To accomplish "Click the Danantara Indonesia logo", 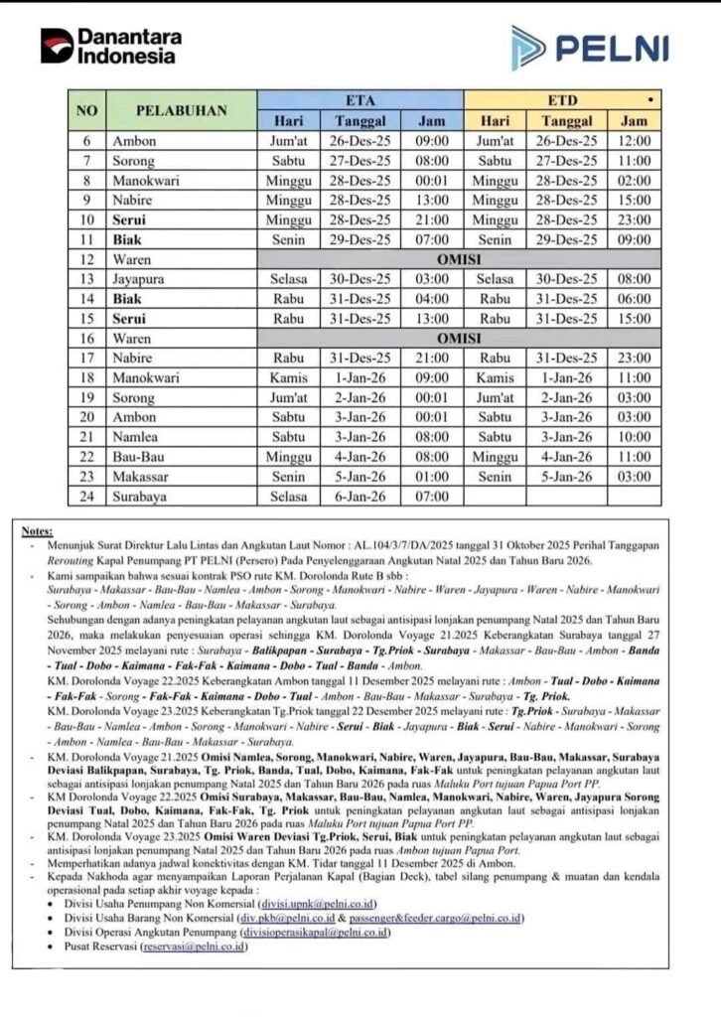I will [x=110, y=46].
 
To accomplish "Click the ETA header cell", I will [x=360, y=100].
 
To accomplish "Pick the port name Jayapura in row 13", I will [x=142, y=279].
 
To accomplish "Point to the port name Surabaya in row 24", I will [x=141, y=496].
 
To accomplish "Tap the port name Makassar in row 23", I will [x=144, y=477].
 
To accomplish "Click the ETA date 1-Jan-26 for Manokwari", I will [x=360, y=378].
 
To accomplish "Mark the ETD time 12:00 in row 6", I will [x=633, y=141].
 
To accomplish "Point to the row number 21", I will [x=86, y=437].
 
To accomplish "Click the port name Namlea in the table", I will [x=138, y=437].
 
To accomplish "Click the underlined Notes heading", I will [x=38, y=532].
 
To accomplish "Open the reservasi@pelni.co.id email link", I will [x=195, y=946].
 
